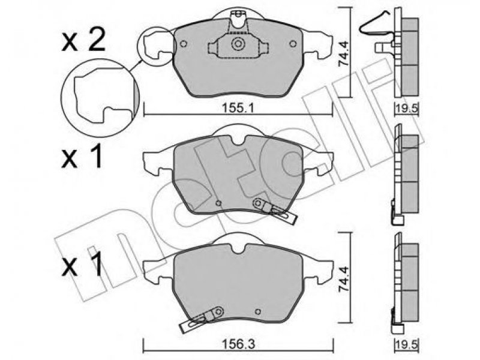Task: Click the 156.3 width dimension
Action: coord(238,344)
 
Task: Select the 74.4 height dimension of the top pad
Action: coord(343,54)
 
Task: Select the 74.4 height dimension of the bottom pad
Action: coord(343,279)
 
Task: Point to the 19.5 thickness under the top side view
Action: coord(406,109)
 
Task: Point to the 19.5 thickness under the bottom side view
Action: coord(406,344)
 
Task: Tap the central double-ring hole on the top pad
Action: coord(238,44)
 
